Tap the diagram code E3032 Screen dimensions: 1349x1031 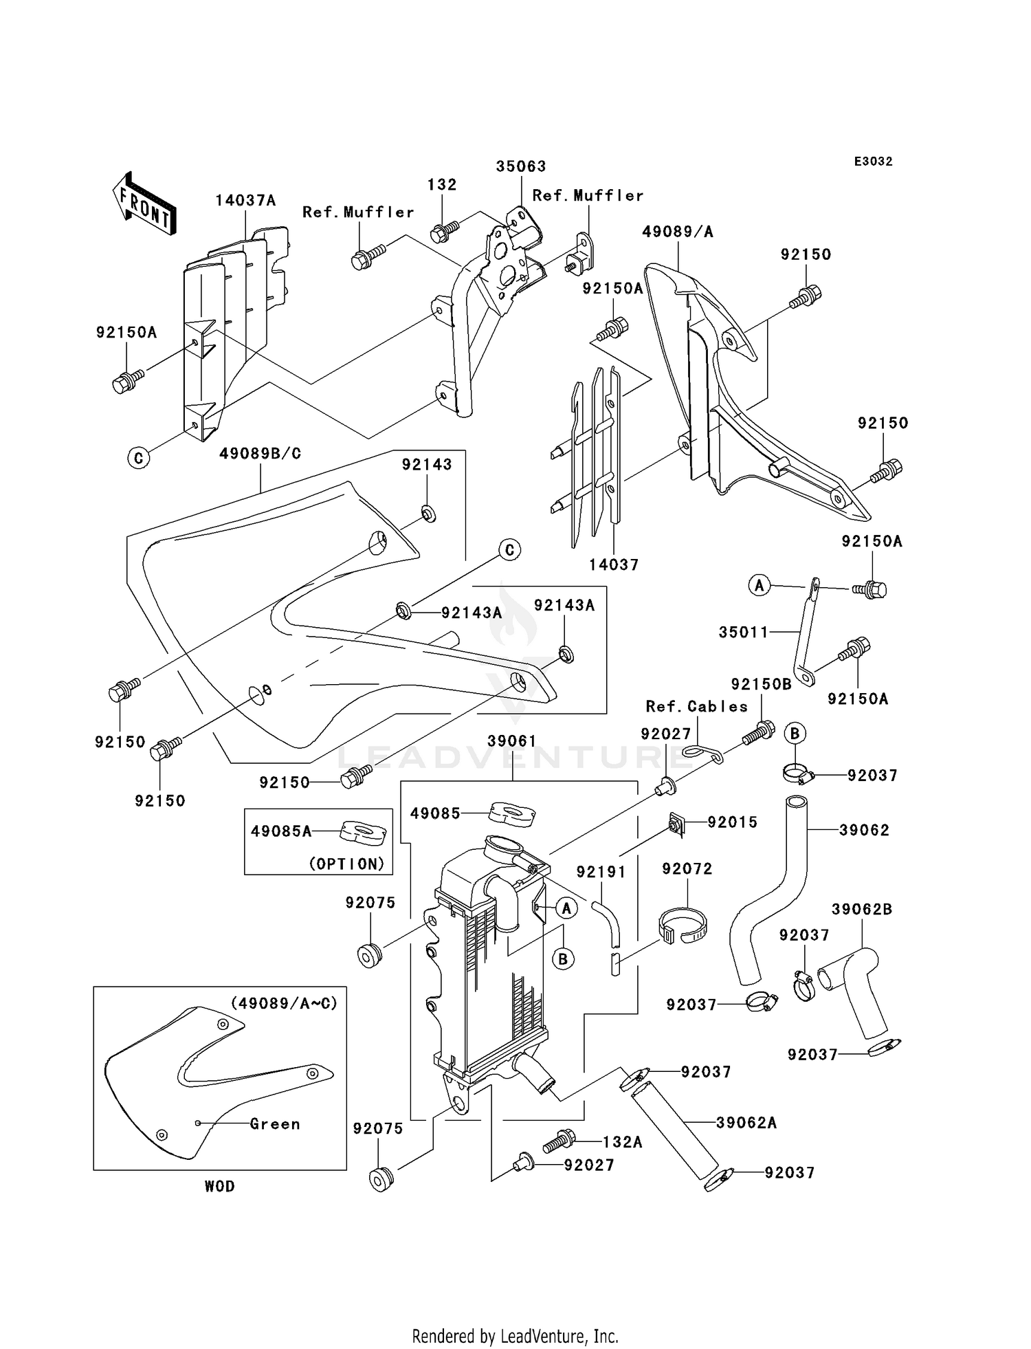click(873, 162)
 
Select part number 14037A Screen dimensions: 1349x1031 click(245, 201)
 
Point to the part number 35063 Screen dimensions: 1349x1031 click(521, 166)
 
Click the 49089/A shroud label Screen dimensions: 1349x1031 click(678, 232)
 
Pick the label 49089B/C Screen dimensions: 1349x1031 click(260, 454)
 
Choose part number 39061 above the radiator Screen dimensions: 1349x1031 click(512, 741)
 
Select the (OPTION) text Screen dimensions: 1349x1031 click(346, 864)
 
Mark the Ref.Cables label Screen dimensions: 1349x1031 click(696, 707)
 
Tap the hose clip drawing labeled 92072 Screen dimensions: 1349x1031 click(684, 925)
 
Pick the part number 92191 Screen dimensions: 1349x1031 click(601, 873)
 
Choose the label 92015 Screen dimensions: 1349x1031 click(733, 822)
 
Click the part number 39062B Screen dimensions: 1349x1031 click(862, 910)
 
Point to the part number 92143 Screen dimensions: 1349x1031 click(427, 465)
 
